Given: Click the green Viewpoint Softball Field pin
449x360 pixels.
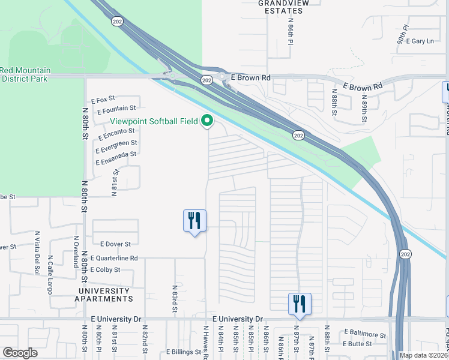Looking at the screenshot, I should click(x=208, y=122).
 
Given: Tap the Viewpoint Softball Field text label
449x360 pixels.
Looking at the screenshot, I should click(x=154, y=121).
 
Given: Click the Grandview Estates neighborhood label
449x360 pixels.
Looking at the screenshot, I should click(x=280, y=7).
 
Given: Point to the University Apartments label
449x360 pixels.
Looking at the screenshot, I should click(x=103, y=294).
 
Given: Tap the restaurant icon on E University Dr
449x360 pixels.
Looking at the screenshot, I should click(x=299, y=304).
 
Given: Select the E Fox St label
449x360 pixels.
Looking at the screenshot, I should click(x=103, y=100).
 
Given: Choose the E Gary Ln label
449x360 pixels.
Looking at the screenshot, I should click(x=420, y=41).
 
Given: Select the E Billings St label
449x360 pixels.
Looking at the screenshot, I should click(x=186, y=352).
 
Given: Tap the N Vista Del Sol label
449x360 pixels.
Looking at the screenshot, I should click(x=37, y=250).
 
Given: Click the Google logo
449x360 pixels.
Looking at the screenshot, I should click(x=20, y=353).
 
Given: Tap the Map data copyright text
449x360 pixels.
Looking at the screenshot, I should click(x=423, y=355).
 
